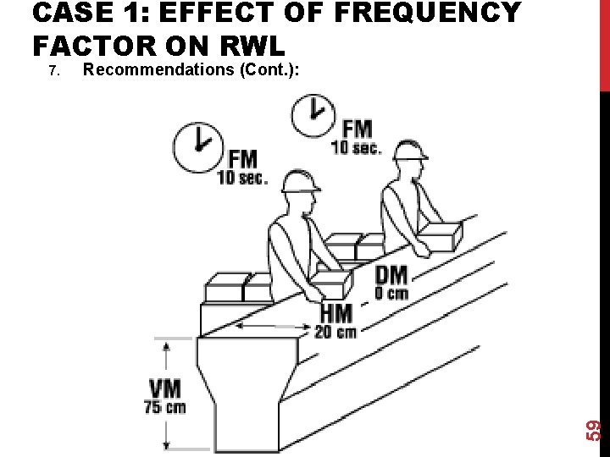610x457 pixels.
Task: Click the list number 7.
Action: [x=53, y=71]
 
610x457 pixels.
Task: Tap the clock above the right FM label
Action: [x=313, y=113]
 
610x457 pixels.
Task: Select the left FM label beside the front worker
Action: [x=242, y=158]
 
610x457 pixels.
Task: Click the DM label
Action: [x=391, y=274]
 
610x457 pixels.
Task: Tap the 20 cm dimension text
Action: [x=335, y=331]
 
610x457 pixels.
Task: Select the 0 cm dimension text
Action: [x=391, y=294]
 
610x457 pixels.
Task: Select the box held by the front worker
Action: [x=332, y=284]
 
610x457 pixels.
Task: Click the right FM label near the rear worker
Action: [x=357, y=129]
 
